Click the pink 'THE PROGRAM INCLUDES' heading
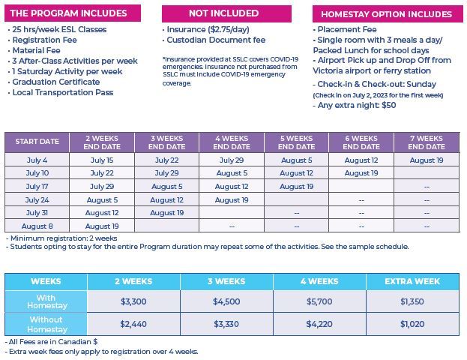click(x=73, y=13)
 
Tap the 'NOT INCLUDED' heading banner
click(x=226, y=13)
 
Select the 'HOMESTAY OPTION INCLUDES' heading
click(x=388, y=14)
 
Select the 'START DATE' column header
click(x=37, y=142)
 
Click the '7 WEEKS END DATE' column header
click(x=427, y=142)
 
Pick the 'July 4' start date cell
click(x=37, y=160)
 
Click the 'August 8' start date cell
click(x=37, y=226)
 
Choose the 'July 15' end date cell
click(x=102, y=160)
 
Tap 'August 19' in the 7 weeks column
click(x=427, y=160)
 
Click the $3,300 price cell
click(x=133, y=301)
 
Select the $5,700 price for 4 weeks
click(x=319, y=301)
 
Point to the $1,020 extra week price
click(x=412, y=324)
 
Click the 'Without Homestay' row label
click(x=46, y=324)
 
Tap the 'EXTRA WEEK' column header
click(x=412, y=281)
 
